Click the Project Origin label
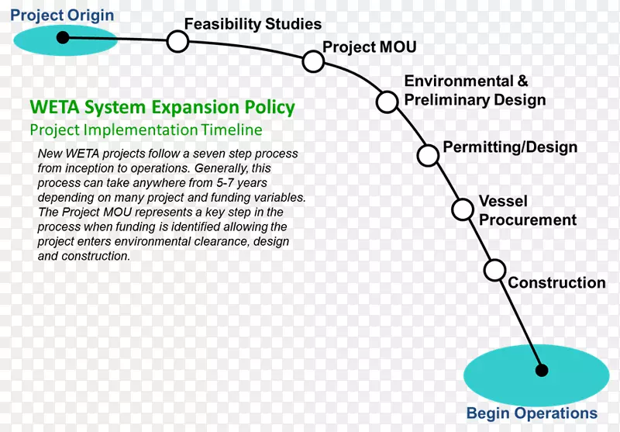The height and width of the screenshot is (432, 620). coord(62,16)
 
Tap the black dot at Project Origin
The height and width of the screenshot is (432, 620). coord(67,37)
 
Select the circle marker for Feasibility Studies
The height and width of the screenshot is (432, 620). coord(177,41)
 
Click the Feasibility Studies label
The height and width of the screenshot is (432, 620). coord(253,24)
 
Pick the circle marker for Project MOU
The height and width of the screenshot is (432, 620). coord(312,61)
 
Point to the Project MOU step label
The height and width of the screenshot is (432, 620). coord(369,47)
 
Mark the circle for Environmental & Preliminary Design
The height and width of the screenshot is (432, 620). coord(387,101)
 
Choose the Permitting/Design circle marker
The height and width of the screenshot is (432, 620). coord(427,155)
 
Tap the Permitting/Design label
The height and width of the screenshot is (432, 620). coord(509,147)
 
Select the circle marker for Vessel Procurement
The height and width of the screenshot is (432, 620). coord(463,209)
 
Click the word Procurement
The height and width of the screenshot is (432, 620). coord(528,220)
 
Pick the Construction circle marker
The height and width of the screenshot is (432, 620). coord(494,270)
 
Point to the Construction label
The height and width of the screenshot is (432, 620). coord(556,283)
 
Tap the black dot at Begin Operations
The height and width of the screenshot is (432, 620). coord(542,370)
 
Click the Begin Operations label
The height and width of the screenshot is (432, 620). coord(532,413)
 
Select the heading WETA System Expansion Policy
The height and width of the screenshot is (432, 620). coord(162,107)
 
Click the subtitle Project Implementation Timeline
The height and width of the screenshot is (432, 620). coord(146,130)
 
